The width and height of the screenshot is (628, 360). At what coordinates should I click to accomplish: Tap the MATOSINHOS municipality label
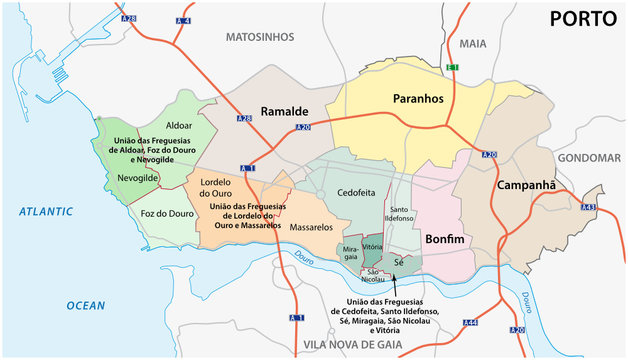[x=260, y=37]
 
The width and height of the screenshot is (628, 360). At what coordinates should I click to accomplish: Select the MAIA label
[x=472, y=44]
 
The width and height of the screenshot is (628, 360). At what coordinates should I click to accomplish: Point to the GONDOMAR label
[x=589, y=158]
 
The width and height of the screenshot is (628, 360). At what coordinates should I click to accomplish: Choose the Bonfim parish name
[x=445, y=239]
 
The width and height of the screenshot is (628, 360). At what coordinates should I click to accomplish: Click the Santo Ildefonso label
[x=399, y=212]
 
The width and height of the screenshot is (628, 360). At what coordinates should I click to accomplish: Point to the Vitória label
[x=371, y=247]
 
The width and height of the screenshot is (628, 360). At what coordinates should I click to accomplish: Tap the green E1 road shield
[x=452, y=67]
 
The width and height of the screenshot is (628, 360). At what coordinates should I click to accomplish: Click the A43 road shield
[x=588, y=207]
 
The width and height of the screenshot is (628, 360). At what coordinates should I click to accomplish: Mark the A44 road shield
[x=470, y=323]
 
